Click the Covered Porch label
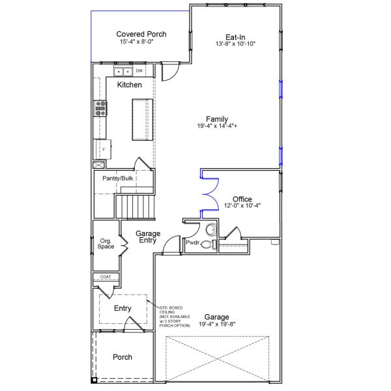click(141, 34)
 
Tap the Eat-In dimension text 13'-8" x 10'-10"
click(235, 44)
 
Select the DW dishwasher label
click(139, 70)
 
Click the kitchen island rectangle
click(142, 119)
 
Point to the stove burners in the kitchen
click(101, 108)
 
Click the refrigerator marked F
click(103, 149)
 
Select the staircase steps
click(134, 205)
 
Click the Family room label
click(217, 119)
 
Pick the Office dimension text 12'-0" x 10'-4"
click(242, 206)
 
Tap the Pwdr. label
click(192, 243)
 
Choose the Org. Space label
click(106, 244)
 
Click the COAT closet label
click(106, 277)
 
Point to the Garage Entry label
click(146, 237)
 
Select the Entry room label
click(123, 308)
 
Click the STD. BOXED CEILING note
click(175, 315)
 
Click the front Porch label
click(123, 357)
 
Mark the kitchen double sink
click(123, 71)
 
